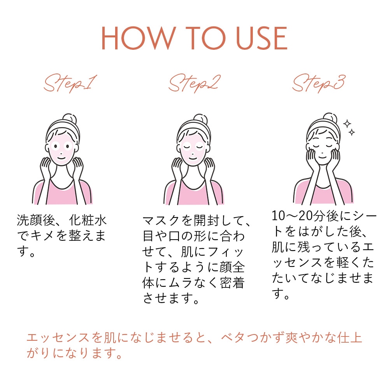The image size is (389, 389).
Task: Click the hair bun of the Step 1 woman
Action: pyautogui.click(x=69, y=119)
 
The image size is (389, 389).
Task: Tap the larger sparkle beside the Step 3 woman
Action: pyautogui.click(x=347, y=124)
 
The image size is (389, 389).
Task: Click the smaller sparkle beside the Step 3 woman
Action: pyautogui.click(x=352, y=132)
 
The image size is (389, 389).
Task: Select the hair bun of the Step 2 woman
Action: pyautogui.click(x=200, y=119)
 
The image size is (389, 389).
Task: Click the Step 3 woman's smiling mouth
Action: pyautogui.click(x=322, y=157)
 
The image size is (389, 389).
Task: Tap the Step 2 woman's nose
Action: pyautogui.click(x=193, y=152)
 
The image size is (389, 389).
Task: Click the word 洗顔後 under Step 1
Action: pyautogui.click(x=36, y=220)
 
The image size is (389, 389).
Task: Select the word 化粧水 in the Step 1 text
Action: pyautogui.click(x=88, y=220)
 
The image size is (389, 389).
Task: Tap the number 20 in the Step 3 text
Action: pyautogui.click(x=305, y=216)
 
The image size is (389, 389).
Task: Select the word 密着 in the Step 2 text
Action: pyautogui.click(x=232, y=283)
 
